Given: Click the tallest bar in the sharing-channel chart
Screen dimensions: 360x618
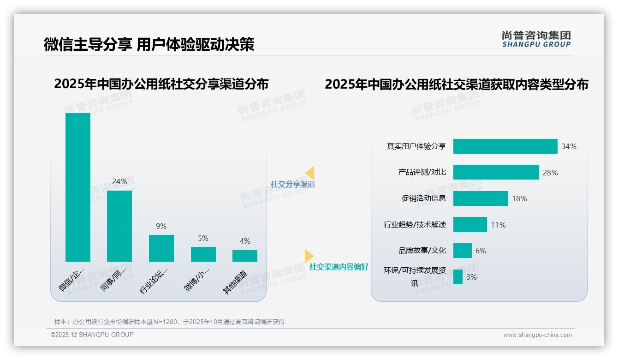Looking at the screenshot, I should click(78, 187).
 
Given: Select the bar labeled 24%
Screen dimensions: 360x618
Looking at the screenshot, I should click(119, 226).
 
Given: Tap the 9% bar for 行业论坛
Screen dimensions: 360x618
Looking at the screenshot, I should click(161, 248).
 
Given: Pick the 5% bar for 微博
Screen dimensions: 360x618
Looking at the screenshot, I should click(203, 254).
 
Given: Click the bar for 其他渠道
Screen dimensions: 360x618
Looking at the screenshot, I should click(245, 256).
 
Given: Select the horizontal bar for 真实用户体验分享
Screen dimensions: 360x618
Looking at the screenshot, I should click(505, 146).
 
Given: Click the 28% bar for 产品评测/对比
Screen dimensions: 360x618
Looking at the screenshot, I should click(496, 172).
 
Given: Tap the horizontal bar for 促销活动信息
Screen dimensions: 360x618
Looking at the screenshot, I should click(481, 198).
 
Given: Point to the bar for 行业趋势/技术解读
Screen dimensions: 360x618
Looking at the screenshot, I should click(470, 225).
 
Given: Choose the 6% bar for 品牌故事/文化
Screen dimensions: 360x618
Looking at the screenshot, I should click(463, 251).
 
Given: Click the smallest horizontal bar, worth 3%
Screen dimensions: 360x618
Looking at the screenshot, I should click(458, 277).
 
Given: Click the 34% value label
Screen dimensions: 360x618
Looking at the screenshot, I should click(569, 146).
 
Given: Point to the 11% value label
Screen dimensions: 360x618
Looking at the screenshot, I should click(498, 225).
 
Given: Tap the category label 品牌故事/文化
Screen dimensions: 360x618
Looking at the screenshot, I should click(422, 251).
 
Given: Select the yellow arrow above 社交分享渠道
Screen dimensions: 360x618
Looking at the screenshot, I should click(310, 173).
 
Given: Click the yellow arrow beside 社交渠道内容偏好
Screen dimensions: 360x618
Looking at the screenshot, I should click(309, 256).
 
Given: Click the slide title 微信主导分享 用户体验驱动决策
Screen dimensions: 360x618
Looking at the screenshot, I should click(149, 44).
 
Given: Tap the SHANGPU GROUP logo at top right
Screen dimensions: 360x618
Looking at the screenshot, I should click(536, 39).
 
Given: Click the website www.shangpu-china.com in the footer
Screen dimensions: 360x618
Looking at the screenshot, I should click(537, 335).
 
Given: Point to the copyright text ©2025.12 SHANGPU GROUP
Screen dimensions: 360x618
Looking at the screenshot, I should click(92, 335).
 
